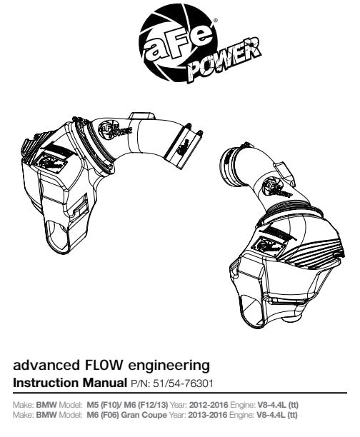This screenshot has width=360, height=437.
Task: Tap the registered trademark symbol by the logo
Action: [x=215, y=20]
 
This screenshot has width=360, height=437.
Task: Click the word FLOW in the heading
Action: [x=102, y=365]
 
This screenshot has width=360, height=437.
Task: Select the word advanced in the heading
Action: [x=46, y=365]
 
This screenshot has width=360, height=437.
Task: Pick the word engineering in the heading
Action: [x=168, y=366]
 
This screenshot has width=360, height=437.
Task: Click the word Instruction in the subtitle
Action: [x=46, y=383]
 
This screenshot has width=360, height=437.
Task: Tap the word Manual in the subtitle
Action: [x=104, y=383]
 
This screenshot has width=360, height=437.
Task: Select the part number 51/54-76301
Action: [x=183, y=383]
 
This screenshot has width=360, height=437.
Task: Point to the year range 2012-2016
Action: [x=209, y=404]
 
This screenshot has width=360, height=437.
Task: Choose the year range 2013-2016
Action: [x=208, y=415]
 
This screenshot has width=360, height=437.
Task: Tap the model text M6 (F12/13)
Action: [x=146, y=404]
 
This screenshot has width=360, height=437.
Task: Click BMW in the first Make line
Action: [x=46, y=404]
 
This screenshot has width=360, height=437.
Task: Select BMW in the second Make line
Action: [x=46, y=415]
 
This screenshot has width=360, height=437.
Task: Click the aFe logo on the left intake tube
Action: [x=116, y=131]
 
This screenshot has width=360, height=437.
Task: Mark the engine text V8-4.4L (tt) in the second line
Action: [x=276, y=415]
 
